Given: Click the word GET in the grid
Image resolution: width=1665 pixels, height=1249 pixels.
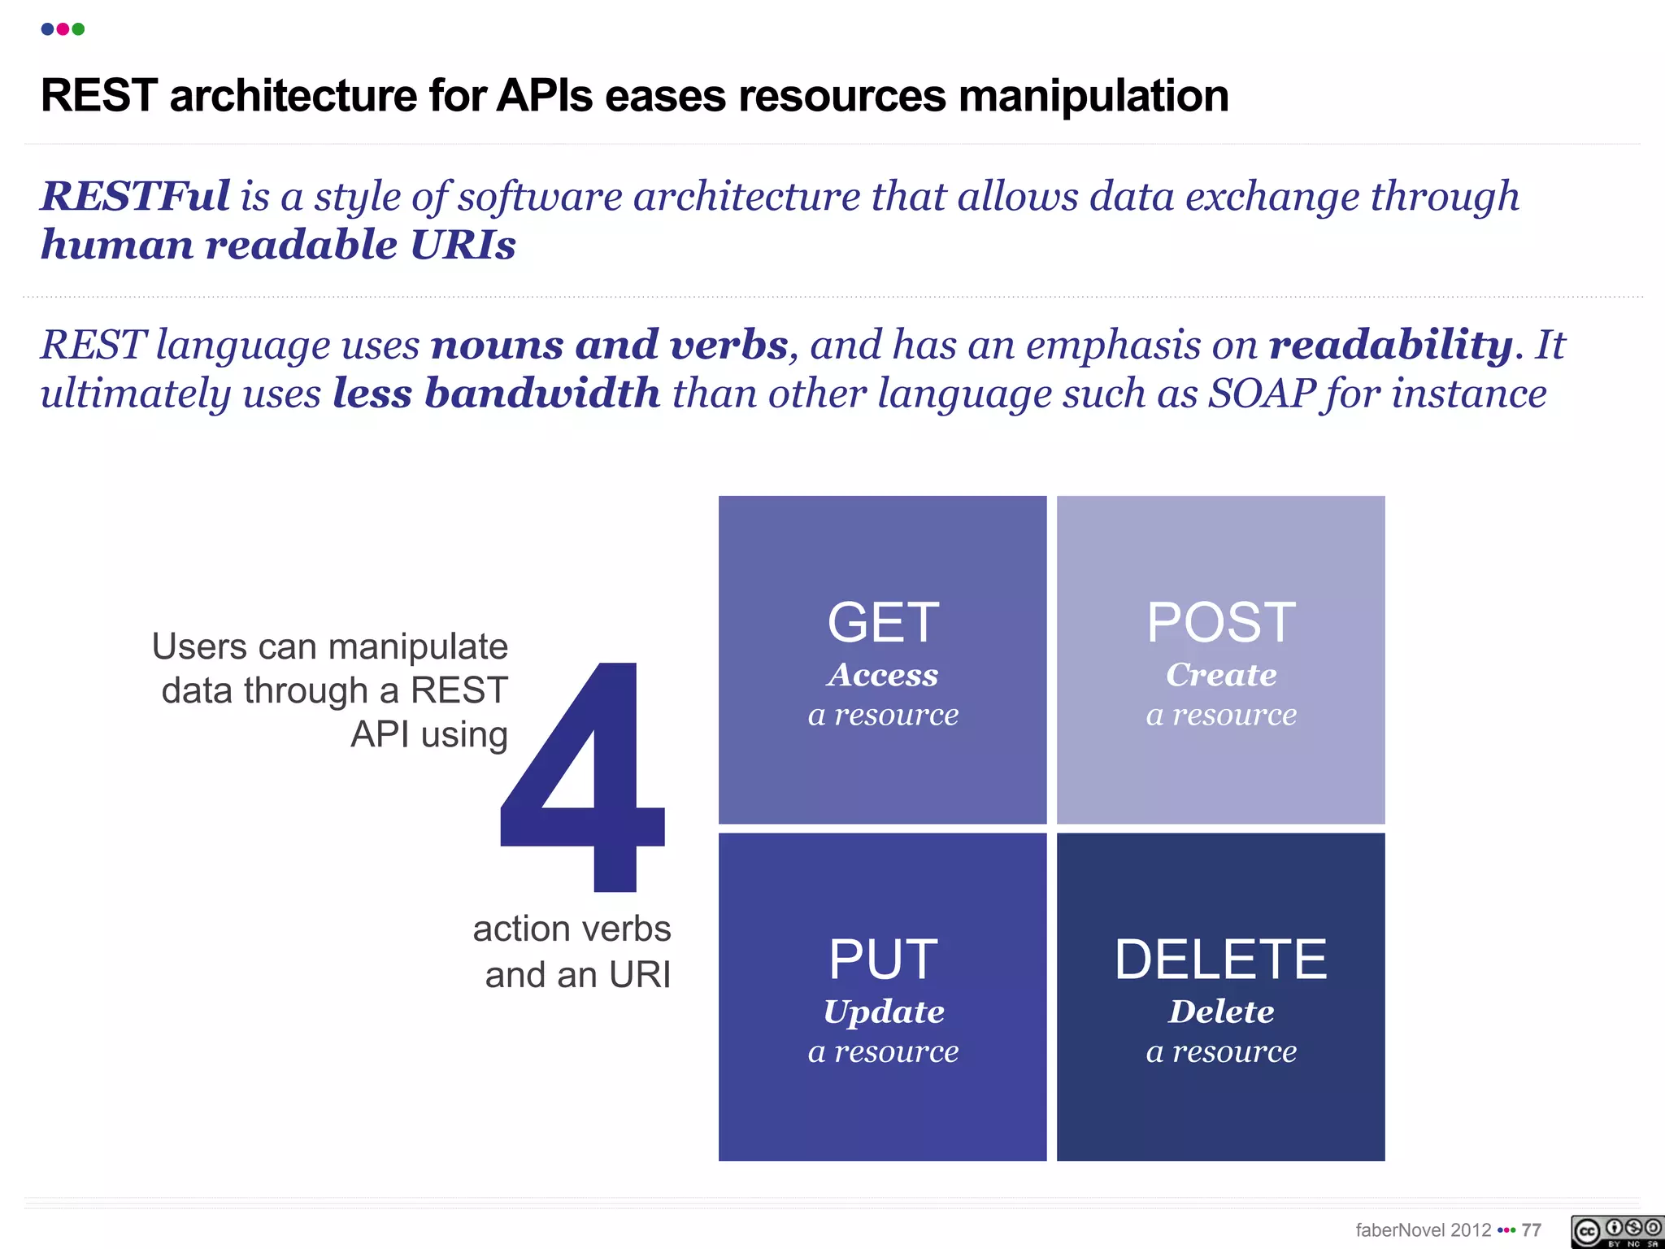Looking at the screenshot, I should pyautogui.click(x=883, y=623).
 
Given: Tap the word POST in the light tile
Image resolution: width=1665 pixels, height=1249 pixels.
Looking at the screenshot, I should pyautogui.click(x=1221, y=623).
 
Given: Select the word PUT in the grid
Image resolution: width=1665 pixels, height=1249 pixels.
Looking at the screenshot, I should pyautogui.click(x=883, y=960).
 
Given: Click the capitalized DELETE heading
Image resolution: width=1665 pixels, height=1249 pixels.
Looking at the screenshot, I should pyautogui.click(x=1220, y=960).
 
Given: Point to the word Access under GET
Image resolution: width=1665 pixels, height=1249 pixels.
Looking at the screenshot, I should pyautogui.click(x=883, y=675).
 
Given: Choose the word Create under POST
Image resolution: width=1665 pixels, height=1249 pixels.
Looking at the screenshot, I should pyautogui.click(x=1221, y=675).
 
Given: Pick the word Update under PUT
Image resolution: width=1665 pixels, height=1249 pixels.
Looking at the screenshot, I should pyautogui.click(x=884, y=1012).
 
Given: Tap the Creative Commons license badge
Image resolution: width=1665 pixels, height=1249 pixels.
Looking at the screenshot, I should pyautogui.click(x=1616, y=1231).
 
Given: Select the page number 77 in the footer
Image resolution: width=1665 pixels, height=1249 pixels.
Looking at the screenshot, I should pyautogui.click(x=1532, y=1230).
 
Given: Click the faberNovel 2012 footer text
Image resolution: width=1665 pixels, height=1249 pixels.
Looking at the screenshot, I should pyautogui.click(x=1423, y=1230).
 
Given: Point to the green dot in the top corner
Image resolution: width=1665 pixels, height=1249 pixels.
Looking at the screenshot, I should pyautogui.click(x=78, y=29).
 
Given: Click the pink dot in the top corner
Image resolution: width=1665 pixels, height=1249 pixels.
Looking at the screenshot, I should pyautogui.click(x=63, y=29).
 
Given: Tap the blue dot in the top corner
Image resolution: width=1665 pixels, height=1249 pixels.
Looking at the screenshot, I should pyautogui.click(x=47, y=29).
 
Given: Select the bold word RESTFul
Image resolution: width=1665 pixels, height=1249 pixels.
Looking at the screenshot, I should pyautogui.click(x=136, y=197).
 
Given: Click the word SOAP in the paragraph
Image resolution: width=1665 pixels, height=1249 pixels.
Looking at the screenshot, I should pyautogui.click(x=1262, y=394).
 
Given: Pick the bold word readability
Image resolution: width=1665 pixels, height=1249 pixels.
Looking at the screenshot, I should pyautogui.click(x=1391, y=345).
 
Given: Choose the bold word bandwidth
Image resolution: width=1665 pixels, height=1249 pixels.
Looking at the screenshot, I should pyautogui.click(x=542, y=394).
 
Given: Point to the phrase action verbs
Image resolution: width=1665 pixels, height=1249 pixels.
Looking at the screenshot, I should pyautogui.click(x=572, y=929).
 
